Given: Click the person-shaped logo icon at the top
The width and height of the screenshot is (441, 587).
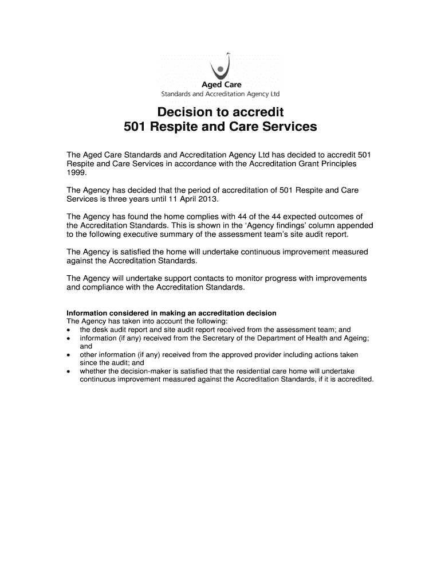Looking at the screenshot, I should point(220,67).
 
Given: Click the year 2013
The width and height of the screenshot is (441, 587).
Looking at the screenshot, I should point(207,199).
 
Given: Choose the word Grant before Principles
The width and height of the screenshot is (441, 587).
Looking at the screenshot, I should point(301,164).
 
